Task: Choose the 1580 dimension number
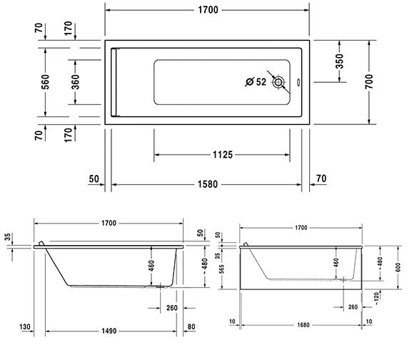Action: pyautogui.click(x=207, y=184)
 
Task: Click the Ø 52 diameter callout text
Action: pyautogui.click(x=256, y=82)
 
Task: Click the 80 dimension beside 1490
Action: pyautogui.click(x=190, y=328)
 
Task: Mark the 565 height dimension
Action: pyautogui.click(x=222, y=267)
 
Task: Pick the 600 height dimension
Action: pyautogui.click(x=388, y=266)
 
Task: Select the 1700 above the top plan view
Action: pyautogui.click(x=207, y=9)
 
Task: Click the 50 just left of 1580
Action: pyautogui.click(x=94, y=179)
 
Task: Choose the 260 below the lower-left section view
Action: pyautogui.click(x=171, y=308)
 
